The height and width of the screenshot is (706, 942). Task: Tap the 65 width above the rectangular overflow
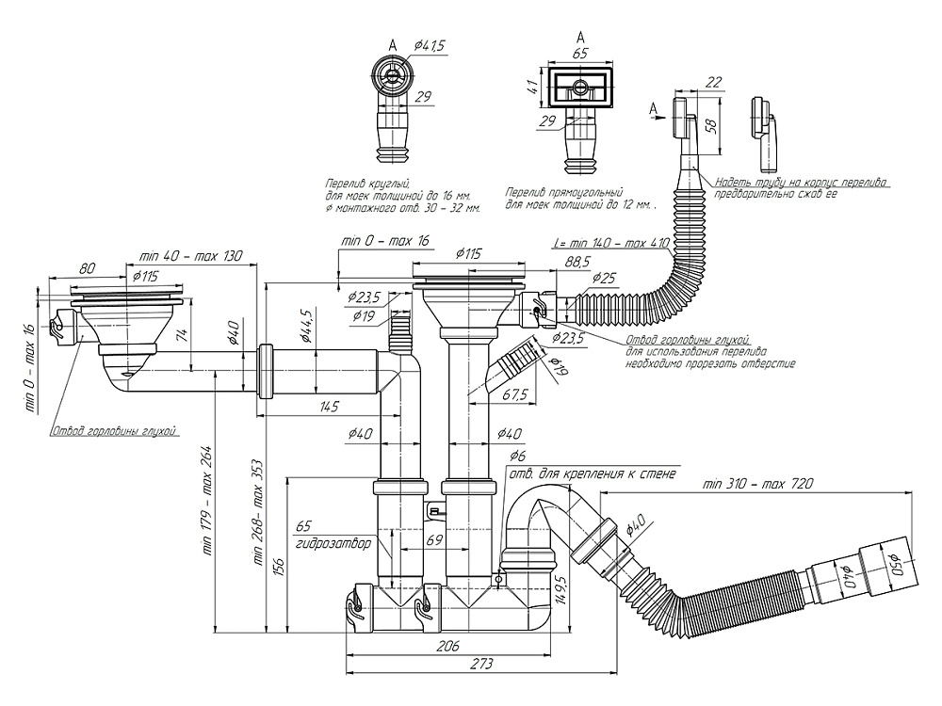[579, 55]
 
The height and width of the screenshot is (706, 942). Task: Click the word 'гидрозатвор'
[332, 544]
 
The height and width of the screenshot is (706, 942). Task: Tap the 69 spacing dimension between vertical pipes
[434, 539]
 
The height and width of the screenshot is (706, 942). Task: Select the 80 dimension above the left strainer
[87, 267]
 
